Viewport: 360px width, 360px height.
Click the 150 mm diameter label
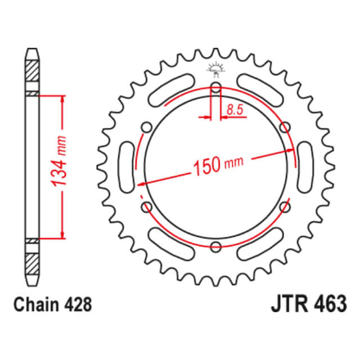point(218,164)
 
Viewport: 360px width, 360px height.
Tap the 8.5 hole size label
point(235,110)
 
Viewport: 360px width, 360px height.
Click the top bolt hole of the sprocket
point(215,87)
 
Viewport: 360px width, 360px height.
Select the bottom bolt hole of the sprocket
point(215,245)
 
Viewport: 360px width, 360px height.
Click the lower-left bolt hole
point(147,206)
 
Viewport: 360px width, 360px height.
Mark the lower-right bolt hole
point(284,206)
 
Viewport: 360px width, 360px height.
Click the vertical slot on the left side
point(127,166)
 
